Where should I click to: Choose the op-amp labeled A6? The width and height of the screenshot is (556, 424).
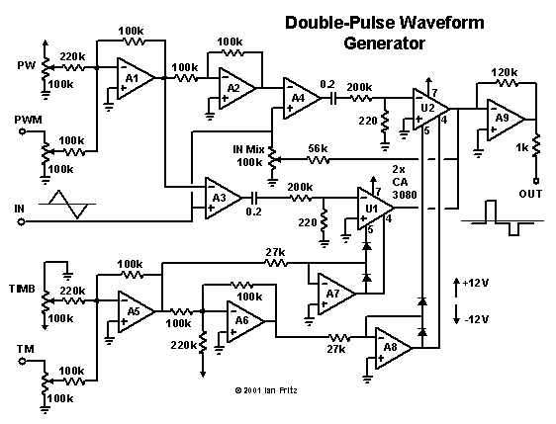[x=239, y=321]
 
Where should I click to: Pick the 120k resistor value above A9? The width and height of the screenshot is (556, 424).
[x=505, y=72]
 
